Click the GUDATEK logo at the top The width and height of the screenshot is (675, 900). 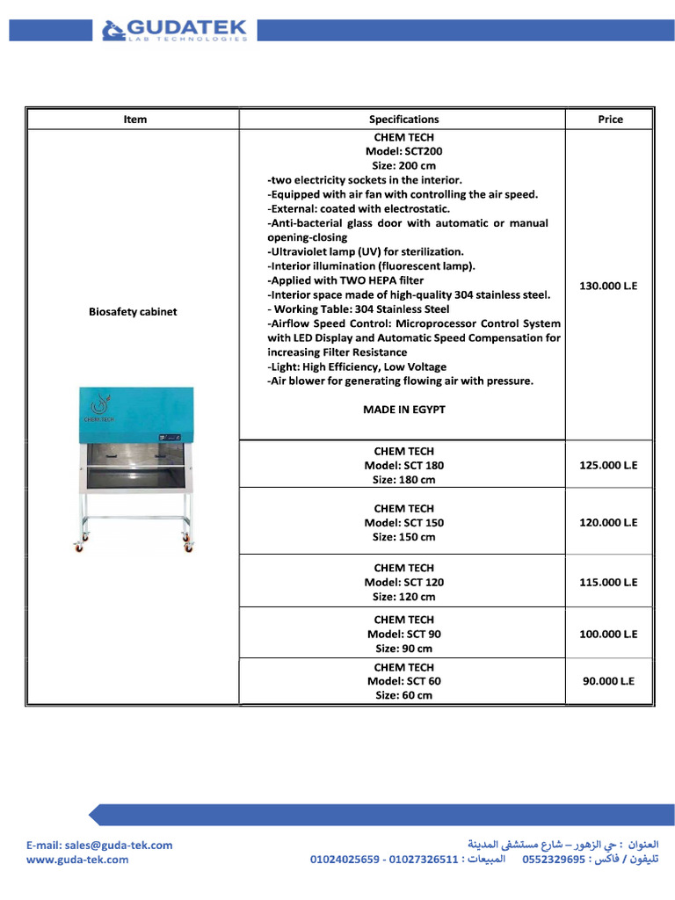pyautogui.click(x=176, y=31)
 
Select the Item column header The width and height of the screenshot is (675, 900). pyautogui.click(x=135, y=120)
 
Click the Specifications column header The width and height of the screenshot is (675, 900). pyautogui.click(x=403, y=120)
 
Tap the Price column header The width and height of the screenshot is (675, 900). pyautogui.click(x=610, y=120)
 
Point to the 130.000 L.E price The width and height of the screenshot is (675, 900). pyautogui.click(x=608, y=286)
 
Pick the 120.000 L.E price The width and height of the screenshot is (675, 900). pyautogui.click(x=608, y=522)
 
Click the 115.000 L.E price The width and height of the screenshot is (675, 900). pyautogui.click(x=608, y=582)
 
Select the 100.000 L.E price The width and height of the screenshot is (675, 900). pyautogui.click(x=608, y=634)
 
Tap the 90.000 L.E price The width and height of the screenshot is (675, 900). pyautogui.click(x=608, y=680)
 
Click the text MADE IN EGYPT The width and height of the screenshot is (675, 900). pyautogui.click(x=403, y=410)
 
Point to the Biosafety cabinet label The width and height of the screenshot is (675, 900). pyautogui.click(x=133, y=312)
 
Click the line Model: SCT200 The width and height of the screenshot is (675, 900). pyautogui.click(x=403, y=151)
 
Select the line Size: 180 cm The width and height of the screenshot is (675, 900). pyautogui.click(x=403, y=480)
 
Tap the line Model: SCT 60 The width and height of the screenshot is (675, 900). pyautogui.click(x=403, y=681)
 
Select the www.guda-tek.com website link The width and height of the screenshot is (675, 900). pyautogui.click(x=77, y=860)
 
